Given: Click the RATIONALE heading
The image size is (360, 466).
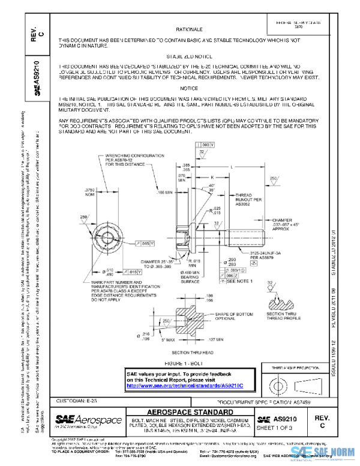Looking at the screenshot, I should [189, 29].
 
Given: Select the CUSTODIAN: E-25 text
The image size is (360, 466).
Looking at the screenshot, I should [76, 400].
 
